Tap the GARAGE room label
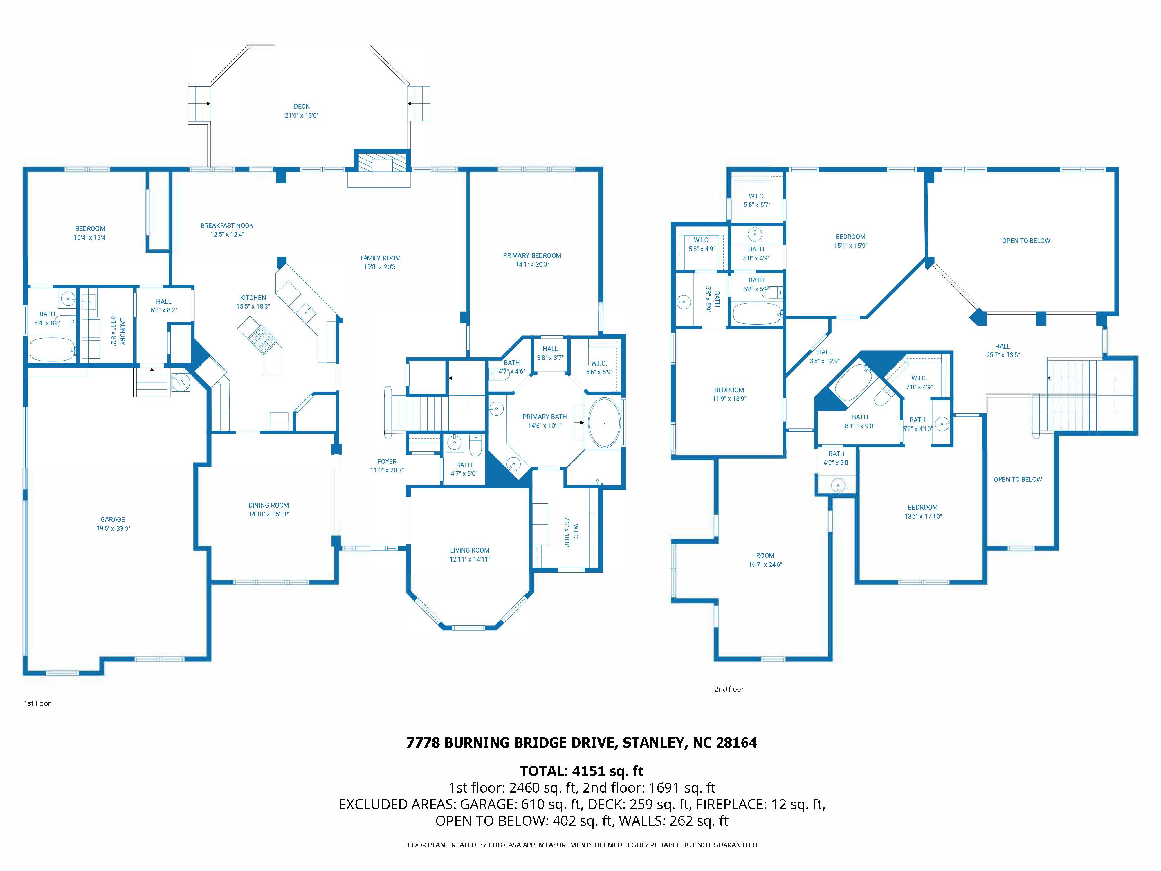113,519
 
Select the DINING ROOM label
269,505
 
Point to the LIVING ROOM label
470,550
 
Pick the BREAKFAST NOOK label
227,226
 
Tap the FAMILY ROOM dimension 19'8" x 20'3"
381,267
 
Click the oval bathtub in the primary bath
604,423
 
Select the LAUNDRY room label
122,331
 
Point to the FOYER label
387,462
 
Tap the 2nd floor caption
729,689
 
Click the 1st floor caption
37,703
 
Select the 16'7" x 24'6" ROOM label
765,555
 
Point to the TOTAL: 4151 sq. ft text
582,771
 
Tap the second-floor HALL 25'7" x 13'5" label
1003,346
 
